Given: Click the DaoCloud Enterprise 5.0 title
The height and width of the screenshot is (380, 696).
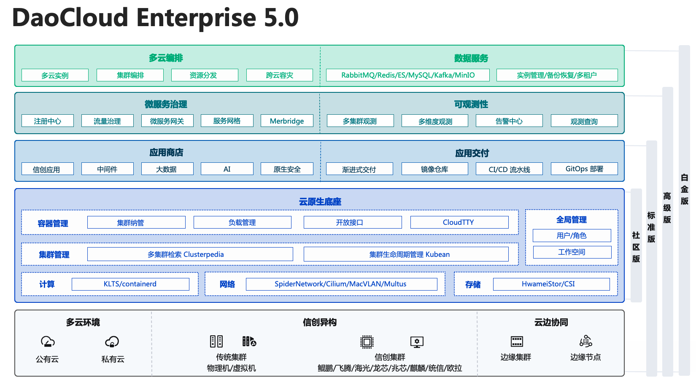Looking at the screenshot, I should point(155,18).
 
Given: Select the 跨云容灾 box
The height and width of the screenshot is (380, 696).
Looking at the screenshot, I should point(279,75).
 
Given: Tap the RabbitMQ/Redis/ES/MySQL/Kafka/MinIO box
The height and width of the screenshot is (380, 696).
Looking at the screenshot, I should point(407,75).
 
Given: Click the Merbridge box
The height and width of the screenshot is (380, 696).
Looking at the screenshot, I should point(287,121).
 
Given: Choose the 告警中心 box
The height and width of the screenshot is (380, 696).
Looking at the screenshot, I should point(509,121).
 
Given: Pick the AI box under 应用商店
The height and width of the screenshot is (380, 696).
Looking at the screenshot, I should point(227,169).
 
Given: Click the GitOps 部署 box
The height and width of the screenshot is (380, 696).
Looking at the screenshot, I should point(584,169).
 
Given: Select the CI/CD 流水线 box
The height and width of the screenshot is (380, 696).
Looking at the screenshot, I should point(509,169).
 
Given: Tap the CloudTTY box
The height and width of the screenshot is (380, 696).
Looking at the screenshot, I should point(459,222).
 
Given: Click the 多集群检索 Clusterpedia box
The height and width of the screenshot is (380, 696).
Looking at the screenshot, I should point(190,254).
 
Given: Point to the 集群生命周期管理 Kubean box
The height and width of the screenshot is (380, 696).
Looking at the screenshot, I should point(406,254).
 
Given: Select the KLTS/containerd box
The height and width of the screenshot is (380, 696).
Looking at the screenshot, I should point(130,284).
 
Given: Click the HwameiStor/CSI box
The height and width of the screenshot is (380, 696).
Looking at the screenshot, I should point(551,284).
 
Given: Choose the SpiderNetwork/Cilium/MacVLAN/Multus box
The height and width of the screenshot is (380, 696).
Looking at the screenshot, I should point(341,284).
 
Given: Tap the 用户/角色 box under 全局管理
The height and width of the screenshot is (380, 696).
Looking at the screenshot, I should point(572,235).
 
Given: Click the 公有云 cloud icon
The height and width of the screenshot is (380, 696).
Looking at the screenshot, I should point(48,341).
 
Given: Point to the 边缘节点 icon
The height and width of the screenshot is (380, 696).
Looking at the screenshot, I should point(585,341).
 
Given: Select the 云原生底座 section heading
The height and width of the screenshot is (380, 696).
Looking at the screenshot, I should point(320,202).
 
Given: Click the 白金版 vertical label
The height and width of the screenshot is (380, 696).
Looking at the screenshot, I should point(684,189).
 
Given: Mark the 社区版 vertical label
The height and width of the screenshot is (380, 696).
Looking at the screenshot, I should point(636,247).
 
